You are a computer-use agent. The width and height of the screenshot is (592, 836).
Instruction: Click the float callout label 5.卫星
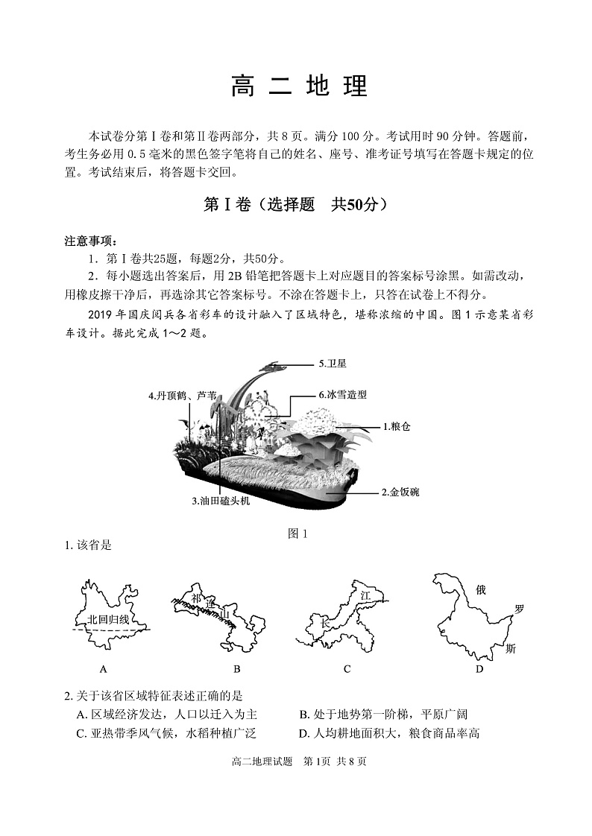coord(333,364)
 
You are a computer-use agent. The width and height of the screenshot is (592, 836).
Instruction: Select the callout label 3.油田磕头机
coord(221,501)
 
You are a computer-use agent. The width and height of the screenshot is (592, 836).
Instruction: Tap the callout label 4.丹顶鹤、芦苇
coord(183,396)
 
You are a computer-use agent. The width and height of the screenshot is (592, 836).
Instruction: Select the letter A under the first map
coord(103,668)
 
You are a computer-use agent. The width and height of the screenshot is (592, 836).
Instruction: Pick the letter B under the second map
coord(236,668)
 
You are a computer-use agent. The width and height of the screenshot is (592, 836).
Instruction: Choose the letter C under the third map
coord(347,668)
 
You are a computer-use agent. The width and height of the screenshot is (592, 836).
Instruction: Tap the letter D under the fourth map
coord(479,668)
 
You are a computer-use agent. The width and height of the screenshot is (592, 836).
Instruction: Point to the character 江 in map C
coord(365,595)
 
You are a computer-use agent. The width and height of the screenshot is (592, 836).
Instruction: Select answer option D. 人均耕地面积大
coord(388,733)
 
